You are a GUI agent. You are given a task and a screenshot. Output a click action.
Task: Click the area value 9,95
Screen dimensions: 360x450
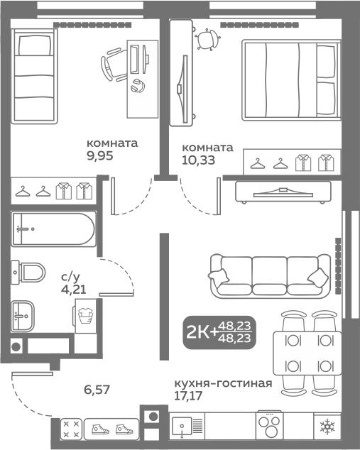pos(99,155)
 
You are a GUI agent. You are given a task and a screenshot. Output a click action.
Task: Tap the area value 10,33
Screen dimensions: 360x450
pos(198,160)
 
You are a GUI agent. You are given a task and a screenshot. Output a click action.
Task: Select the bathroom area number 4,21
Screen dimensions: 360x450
pos(74,290)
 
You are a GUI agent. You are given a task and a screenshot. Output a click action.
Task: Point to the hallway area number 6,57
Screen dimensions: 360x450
pos(97,390)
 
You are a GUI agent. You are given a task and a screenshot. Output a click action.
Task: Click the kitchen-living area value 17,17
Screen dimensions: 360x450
pos(188,395)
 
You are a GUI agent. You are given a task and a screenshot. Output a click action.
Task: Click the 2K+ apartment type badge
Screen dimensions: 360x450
pos(219,333)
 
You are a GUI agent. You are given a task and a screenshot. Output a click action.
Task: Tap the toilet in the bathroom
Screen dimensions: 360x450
pos(28,273)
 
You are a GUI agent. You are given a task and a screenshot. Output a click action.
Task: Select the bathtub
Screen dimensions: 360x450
pos(54,229)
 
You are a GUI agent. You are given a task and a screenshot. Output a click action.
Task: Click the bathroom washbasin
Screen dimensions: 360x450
pos(23,317)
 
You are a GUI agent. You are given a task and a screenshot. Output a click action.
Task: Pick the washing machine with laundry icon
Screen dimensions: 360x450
pos(85,316)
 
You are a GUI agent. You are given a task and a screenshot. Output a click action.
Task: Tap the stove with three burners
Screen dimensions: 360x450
pos(270,426)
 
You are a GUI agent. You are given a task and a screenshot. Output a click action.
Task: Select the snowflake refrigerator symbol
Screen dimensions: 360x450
pos(327,426)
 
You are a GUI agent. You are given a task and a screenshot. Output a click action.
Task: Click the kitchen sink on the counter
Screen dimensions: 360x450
pos(182,426)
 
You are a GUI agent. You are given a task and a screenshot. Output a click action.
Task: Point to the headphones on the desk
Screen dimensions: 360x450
pos(138,85)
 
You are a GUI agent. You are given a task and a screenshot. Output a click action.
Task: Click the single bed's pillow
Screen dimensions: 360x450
pos(35,45)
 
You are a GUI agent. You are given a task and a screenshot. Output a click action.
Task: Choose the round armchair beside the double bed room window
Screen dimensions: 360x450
pos(207,39)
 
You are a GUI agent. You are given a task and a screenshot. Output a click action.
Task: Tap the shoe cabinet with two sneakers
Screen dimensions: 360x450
pos(112,429)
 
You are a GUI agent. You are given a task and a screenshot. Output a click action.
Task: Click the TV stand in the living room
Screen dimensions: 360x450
pos(283,192)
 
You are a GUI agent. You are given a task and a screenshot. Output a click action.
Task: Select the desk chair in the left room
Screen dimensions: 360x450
pos(114,65)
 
